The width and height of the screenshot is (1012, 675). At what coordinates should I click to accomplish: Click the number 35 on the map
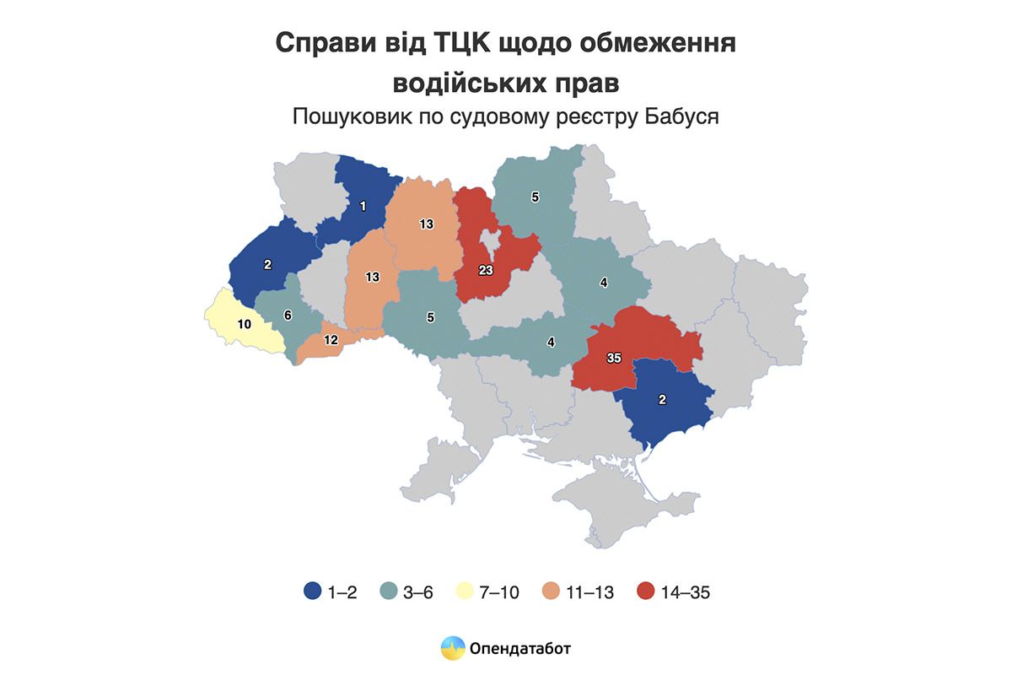pos(614,358)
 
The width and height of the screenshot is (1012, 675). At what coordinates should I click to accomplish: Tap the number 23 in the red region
pos(485,271)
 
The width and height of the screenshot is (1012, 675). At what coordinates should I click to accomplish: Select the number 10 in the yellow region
pos(244,324)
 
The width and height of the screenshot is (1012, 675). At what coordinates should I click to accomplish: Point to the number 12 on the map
pos(331,340)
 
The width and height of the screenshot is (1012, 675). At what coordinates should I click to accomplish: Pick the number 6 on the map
pos(288,315)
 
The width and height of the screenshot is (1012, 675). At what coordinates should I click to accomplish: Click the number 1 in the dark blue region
pos(363,205)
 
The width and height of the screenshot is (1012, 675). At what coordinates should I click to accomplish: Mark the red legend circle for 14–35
pos(646,591)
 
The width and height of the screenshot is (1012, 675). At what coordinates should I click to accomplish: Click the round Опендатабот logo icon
pos(453,648)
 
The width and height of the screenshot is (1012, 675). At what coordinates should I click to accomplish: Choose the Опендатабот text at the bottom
pos(522,649)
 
